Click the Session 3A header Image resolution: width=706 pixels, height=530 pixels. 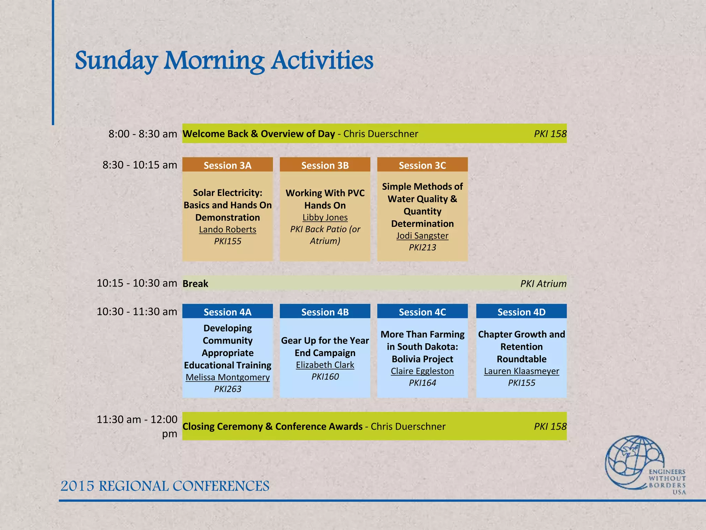(x=228, y=165)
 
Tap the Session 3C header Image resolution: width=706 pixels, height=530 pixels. (x=422, y=165)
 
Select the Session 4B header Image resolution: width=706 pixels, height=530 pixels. (x=325, y=312)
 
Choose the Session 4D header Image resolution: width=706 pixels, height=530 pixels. (x=521, y=312)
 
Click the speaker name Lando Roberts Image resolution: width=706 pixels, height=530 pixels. (x=228, y=229)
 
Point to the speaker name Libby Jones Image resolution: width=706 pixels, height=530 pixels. (x=325, y=217)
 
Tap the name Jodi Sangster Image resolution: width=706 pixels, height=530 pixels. (x=422, y=236)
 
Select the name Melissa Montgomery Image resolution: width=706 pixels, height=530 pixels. (x=228, y=377)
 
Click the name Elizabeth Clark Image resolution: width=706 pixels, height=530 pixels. (x=325, y=365)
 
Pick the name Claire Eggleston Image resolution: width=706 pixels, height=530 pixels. (x=422, y=371)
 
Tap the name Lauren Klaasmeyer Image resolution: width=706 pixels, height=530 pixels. (x=521, y=371)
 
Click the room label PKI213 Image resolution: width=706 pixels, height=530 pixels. (x=422, y=247)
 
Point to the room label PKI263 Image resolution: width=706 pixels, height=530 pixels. (x=228, y=389)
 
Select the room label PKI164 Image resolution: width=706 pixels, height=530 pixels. (x=422, y=383)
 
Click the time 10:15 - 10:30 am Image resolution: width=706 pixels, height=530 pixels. (x=137, y=283)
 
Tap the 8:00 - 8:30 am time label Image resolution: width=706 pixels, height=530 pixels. (x=142, y=134)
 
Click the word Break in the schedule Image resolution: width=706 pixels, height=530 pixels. (x=195, y=284)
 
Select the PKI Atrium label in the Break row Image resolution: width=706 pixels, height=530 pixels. (x=543, y=284)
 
